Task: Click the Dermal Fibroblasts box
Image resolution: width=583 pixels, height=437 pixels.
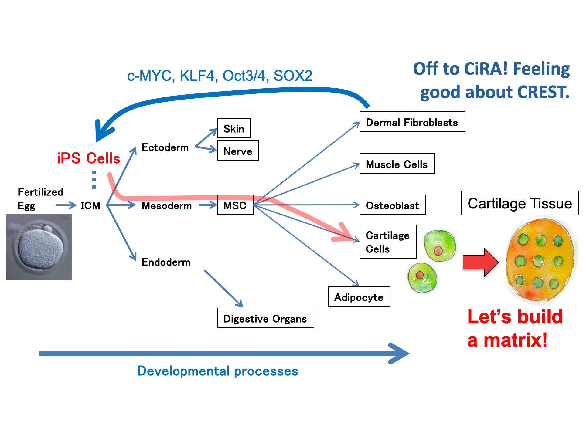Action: [x=412, y=122]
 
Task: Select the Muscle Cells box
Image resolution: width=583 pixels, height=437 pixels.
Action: [x=397, y=164]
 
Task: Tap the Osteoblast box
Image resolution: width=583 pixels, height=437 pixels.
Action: [x=392, y=205]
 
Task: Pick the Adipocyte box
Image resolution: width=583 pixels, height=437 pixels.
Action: [x=359, y=296]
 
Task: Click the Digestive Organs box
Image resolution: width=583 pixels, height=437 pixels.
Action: [x=265, y=318]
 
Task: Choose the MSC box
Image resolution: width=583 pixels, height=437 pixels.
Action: [x=235, y=205]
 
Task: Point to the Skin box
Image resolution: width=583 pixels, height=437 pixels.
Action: [x=234, y=128]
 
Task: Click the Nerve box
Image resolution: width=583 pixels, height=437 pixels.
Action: [x=238, y=151]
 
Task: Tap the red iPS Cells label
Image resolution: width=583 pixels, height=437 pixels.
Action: [x=88, y=158]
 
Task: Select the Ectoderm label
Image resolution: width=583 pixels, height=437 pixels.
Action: [x=165, y=147]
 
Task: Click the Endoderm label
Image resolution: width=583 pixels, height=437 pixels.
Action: [x=166, y=262]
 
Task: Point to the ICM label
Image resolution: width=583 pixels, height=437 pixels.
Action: [x=90, y=205]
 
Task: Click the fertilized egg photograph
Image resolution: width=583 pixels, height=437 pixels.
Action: [x=39, y=247]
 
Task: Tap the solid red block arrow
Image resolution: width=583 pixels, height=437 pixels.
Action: [x=480, y=262]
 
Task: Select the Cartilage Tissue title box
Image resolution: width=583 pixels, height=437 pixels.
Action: [x=520, y=203]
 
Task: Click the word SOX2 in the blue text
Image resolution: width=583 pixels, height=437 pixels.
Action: [x=293, y=76]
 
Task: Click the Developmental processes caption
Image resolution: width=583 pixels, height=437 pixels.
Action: [x=217, y=371]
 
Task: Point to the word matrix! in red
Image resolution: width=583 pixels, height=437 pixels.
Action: [x=516, y=340]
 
